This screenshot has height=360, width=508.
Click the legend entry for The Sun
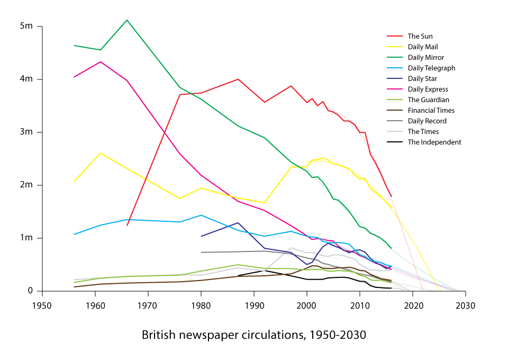420,37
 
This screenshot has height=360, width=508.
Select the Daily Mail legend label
422,47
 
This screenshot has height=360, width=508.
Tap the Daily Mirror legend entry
425,58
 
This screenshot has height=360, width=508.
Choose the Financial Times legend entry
431,111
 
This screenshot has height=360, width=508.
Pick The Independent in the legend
434,142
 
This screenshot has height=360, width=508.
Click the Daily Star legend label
422,79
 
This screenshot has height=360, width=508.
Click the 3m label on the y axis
27,132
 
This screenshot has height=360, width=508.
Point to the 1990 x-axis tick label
254,305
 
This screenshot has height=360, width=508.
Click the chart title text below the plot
254,335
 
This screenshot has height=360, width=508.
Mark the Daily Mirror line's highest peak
127,20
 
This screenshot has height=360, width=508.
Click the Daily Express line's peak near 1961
101,62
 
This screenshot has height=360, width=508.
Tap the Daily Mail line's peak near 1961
101,153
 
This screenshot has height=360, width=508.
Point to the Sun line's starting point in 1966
127,226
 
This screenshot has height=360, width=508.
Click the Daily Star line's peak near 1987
238,223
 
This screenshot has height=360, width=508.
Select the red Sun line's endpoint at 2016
391,196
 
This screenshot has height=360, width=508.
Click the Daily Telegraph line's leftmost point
74,234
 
